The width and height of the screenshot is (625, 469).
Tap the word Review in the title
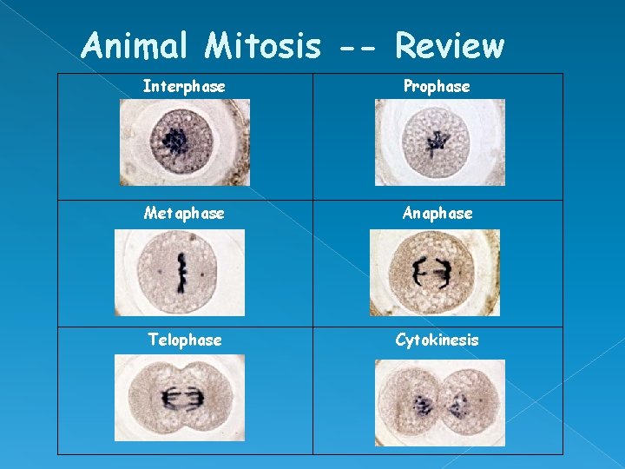click(449, 45)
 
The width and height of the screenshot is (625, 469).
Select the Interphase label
click(184, 87)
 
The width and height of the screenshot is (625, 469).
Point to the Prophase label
click(437, 87)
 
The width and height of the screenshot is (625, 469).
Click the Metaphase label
click(184, 213)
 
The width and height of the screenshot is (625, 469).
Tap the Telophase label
click(184, 340)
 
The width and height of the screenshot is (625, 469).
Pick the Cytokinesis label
click(437, 340)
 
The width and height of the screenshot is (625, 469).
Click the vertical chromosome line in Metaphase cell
click(181, 272)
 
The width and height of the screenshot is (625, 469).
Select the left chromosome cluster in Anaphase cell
click(421, 273)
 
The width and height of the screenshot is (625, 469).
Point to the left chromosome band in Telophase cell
click(168, 399)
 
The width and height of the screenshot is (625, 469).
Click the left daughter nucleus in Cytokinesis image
click(423, 404)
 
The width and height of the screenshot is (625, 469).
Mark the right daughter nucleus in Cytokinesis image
click(456, 404)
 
